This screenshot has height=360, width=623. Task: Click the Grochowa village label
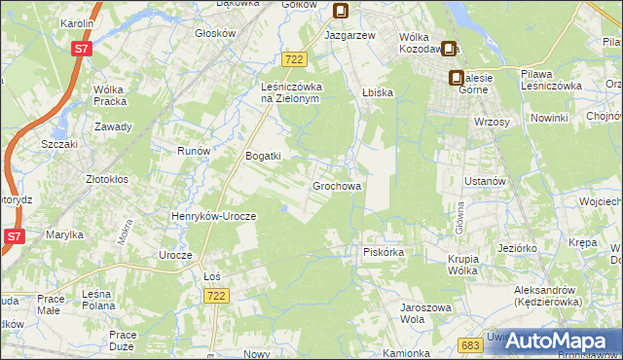point(337,185)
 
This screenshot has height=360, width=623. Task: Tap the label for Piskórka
point(383,252)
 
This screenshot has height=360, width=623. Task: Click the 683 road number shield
point(471,344)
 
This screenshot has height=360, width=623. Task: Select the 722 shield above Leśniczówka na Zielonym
point(296,60)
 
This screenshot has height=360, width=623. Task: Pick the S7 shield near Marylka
point(14,236)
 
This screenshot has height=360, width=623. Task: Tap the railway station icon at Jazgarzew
point(342,12)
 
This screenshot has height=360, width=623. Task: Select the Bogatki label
point(263,156)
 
